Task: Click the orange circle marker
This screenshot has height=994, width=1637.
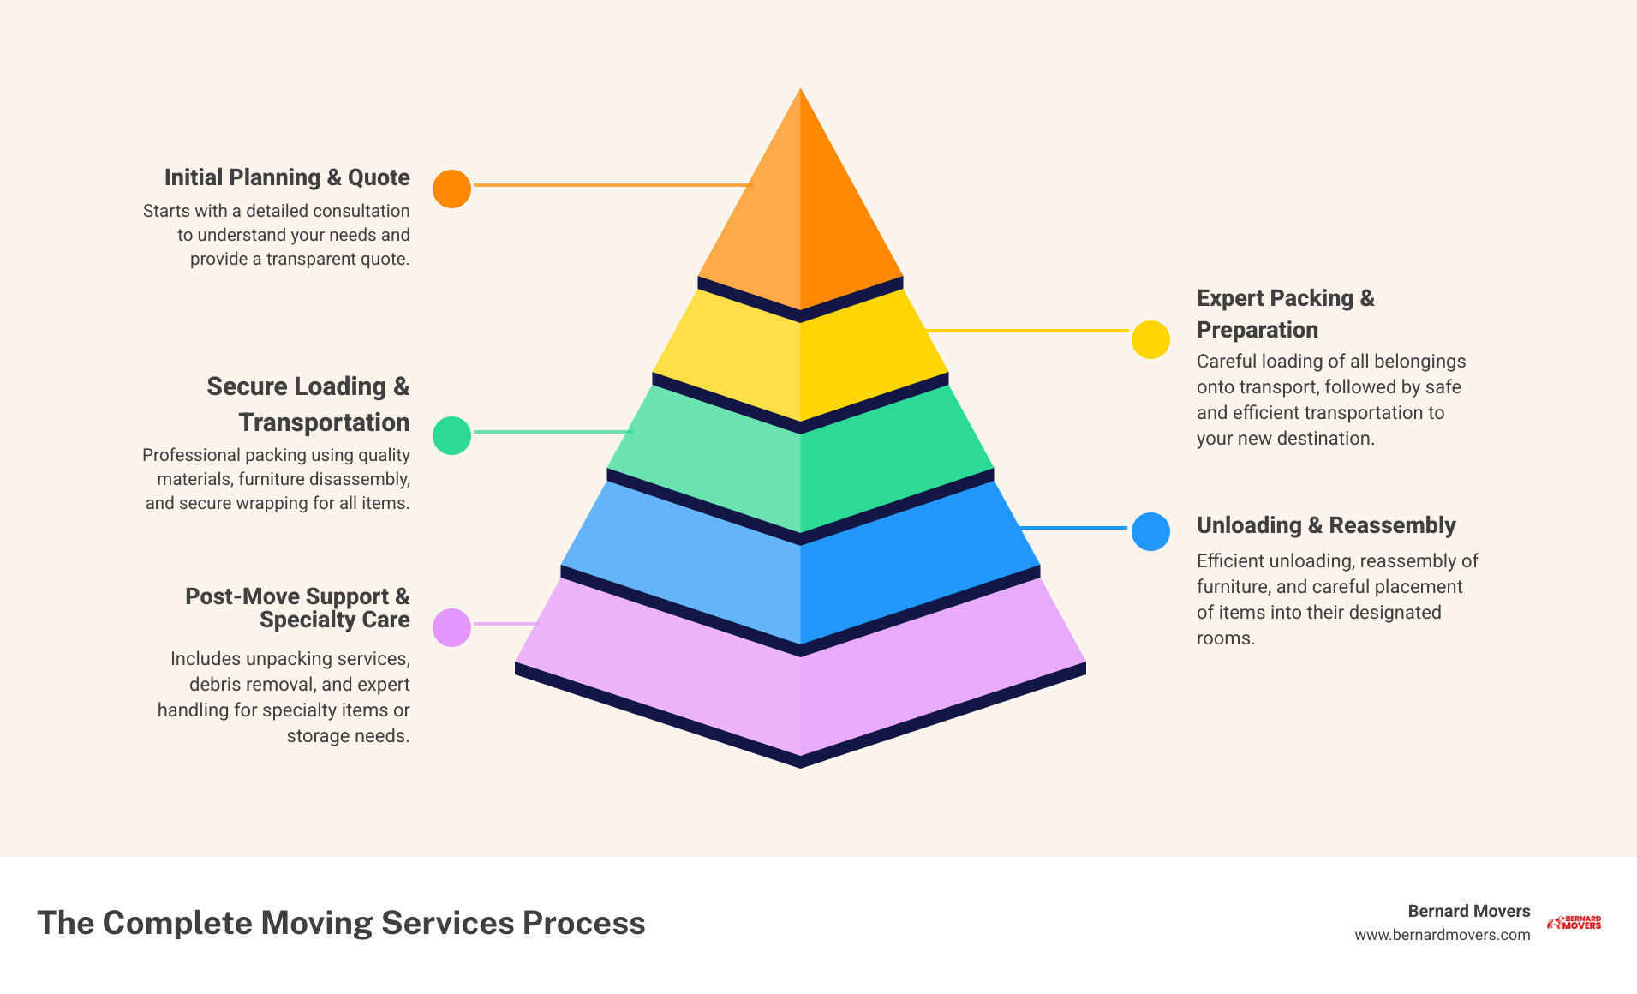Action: pos(451,189)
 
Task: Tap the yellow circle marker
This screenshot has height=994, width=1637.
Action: pos(1150,340)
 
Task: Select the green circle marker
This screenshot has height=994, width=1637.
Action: pos(451,435)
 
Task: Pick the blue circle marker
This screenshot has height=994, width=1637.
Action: pos(1150,531)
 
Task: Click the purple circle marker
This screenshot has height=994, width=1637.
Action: pos(451,627)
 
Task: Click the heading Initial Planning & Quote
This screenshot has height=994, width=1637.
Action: pos(287,177)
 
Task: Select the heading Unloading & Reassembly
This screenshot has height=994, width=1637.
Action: pos(1325,525)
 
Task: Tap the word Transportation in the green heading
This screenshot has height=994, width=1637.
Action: pos(324,422)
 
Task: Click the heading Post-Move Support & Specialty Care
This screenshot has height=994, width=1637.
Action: pos(297,608)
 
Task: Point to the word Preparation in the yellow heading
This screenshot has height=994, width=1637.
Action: pos(1257,330)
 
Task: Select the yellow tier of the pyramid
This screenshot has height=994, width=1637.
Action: pos(800,360)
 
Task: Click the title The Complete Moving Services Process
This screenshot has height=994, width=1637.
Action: pos(341,923)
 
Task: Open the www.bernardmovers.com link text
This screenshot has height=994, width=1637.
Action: pos(1442,935)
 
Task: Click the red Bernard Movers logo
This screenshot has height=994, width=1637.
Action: pos(1574,923)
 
